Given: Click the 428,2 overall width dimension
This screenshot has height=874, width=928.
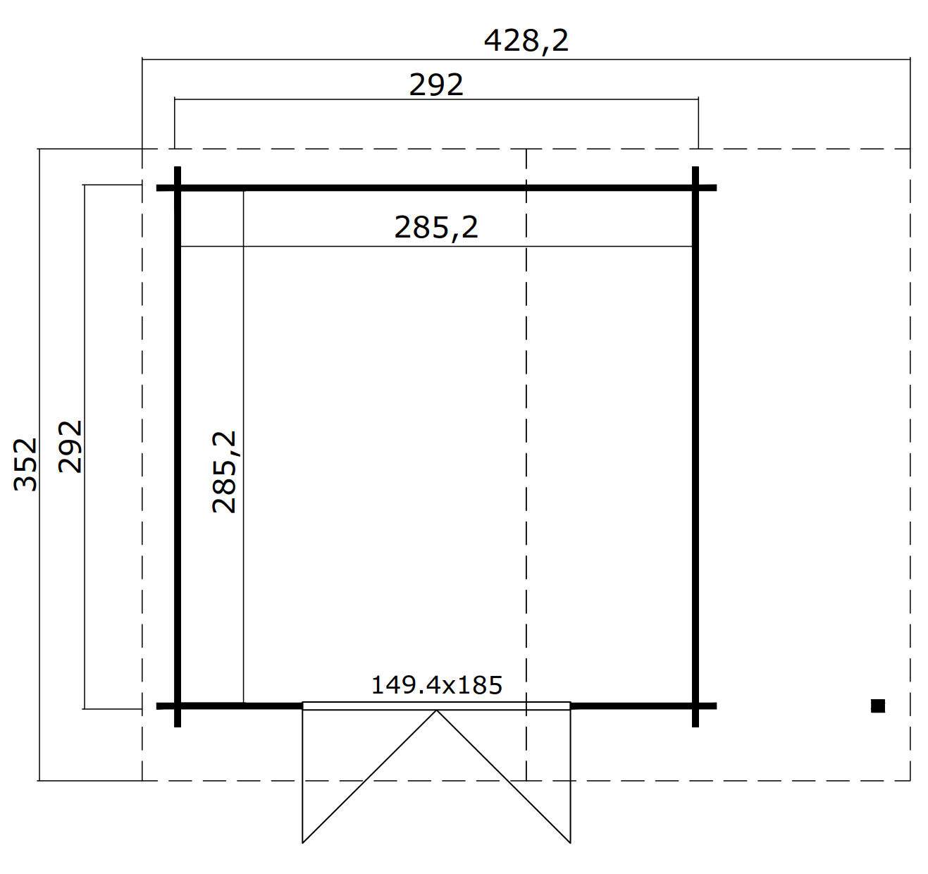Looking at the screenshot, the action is click(526, 41).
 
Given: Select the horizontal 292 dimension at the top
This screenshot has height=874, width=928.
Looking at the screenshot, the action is click(436, 85).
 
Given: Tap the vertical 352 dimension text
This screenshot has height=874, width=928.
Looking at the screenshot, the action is click(25, 464).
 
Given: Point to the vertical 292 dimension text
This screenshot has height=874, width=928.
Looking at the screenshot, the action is click(70, 447).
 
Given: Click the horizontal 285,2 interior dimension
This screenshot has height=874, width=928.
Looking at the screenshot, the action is click(436, 228).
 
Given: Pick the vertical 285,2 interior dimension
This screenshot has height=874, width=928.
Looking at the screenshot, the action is click(225, 472).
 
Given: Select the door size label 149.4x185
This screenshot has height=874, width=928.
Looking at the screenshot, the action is click(436, 685).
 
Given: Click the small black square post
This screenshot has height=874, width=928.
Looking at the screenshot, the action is click(878, 706).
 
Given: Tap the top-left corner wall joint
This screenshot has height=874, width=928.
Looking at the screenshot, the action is click(178, 188).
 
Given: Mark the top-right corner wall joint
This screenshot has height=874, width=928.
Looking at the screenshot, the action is click(695, 188).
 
